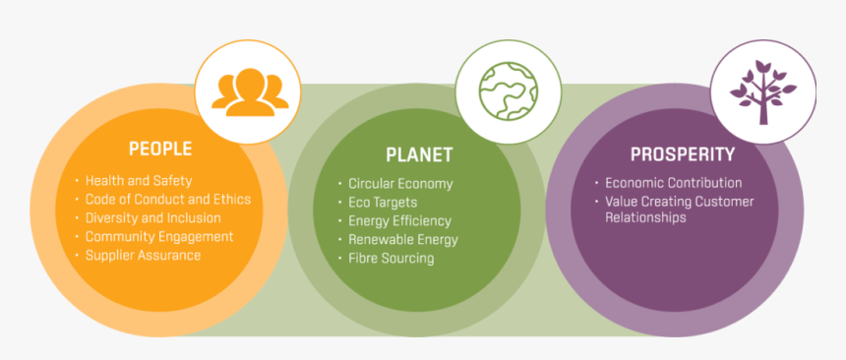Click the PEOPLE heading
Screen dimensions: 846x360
click(159, 150)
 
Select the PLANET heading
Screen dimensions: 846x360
click(419, 154)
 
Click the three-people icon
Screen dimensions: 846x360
click(249, 90)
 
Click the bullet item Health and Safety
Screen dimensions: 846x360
click(138, 181)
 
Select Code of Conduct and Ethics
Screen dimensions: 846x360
click(167, 200)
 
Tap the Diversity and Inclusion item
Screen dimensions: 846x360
click(152, 218)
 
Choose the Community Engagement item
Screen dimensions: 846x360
click(158, 237)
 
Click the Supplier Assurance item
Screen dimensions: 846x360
click(143, 256)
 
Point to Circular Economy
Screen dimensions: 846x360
click(400, 184)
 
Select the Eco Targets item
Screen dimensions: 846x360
click(383, 203)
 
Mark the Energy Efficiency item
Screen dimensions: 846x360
click(399, 221)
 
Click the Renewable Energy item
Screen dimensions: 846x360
click(402, 240)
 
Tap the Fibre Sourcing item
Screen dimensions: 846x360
click(391, 259)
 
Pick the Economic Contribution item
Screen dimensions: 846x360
click(673, 183)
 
